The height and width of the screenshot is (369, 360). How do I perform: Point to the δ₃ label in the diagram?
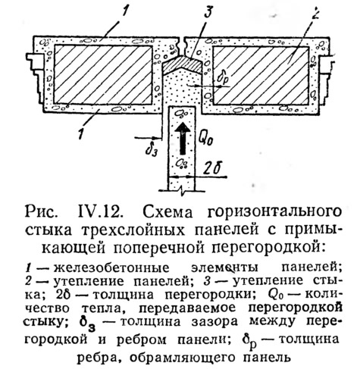152,150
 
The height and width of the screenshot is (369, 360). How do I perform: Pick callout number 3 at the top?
208,13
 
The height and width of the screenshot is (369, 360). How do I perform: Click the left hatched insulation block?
103,75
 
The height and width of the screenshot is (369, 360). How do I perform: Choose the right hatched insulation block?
261,76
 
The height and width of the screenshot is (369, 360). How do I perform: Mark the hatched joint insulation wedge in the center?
182,64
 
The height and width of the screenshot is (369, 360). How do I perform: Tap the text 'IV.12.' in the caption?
99,211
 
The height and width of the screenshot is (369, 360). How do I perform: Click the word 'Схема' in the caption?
167,212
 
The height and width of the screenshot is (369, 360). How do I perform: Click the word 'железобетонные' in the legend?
111,267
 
